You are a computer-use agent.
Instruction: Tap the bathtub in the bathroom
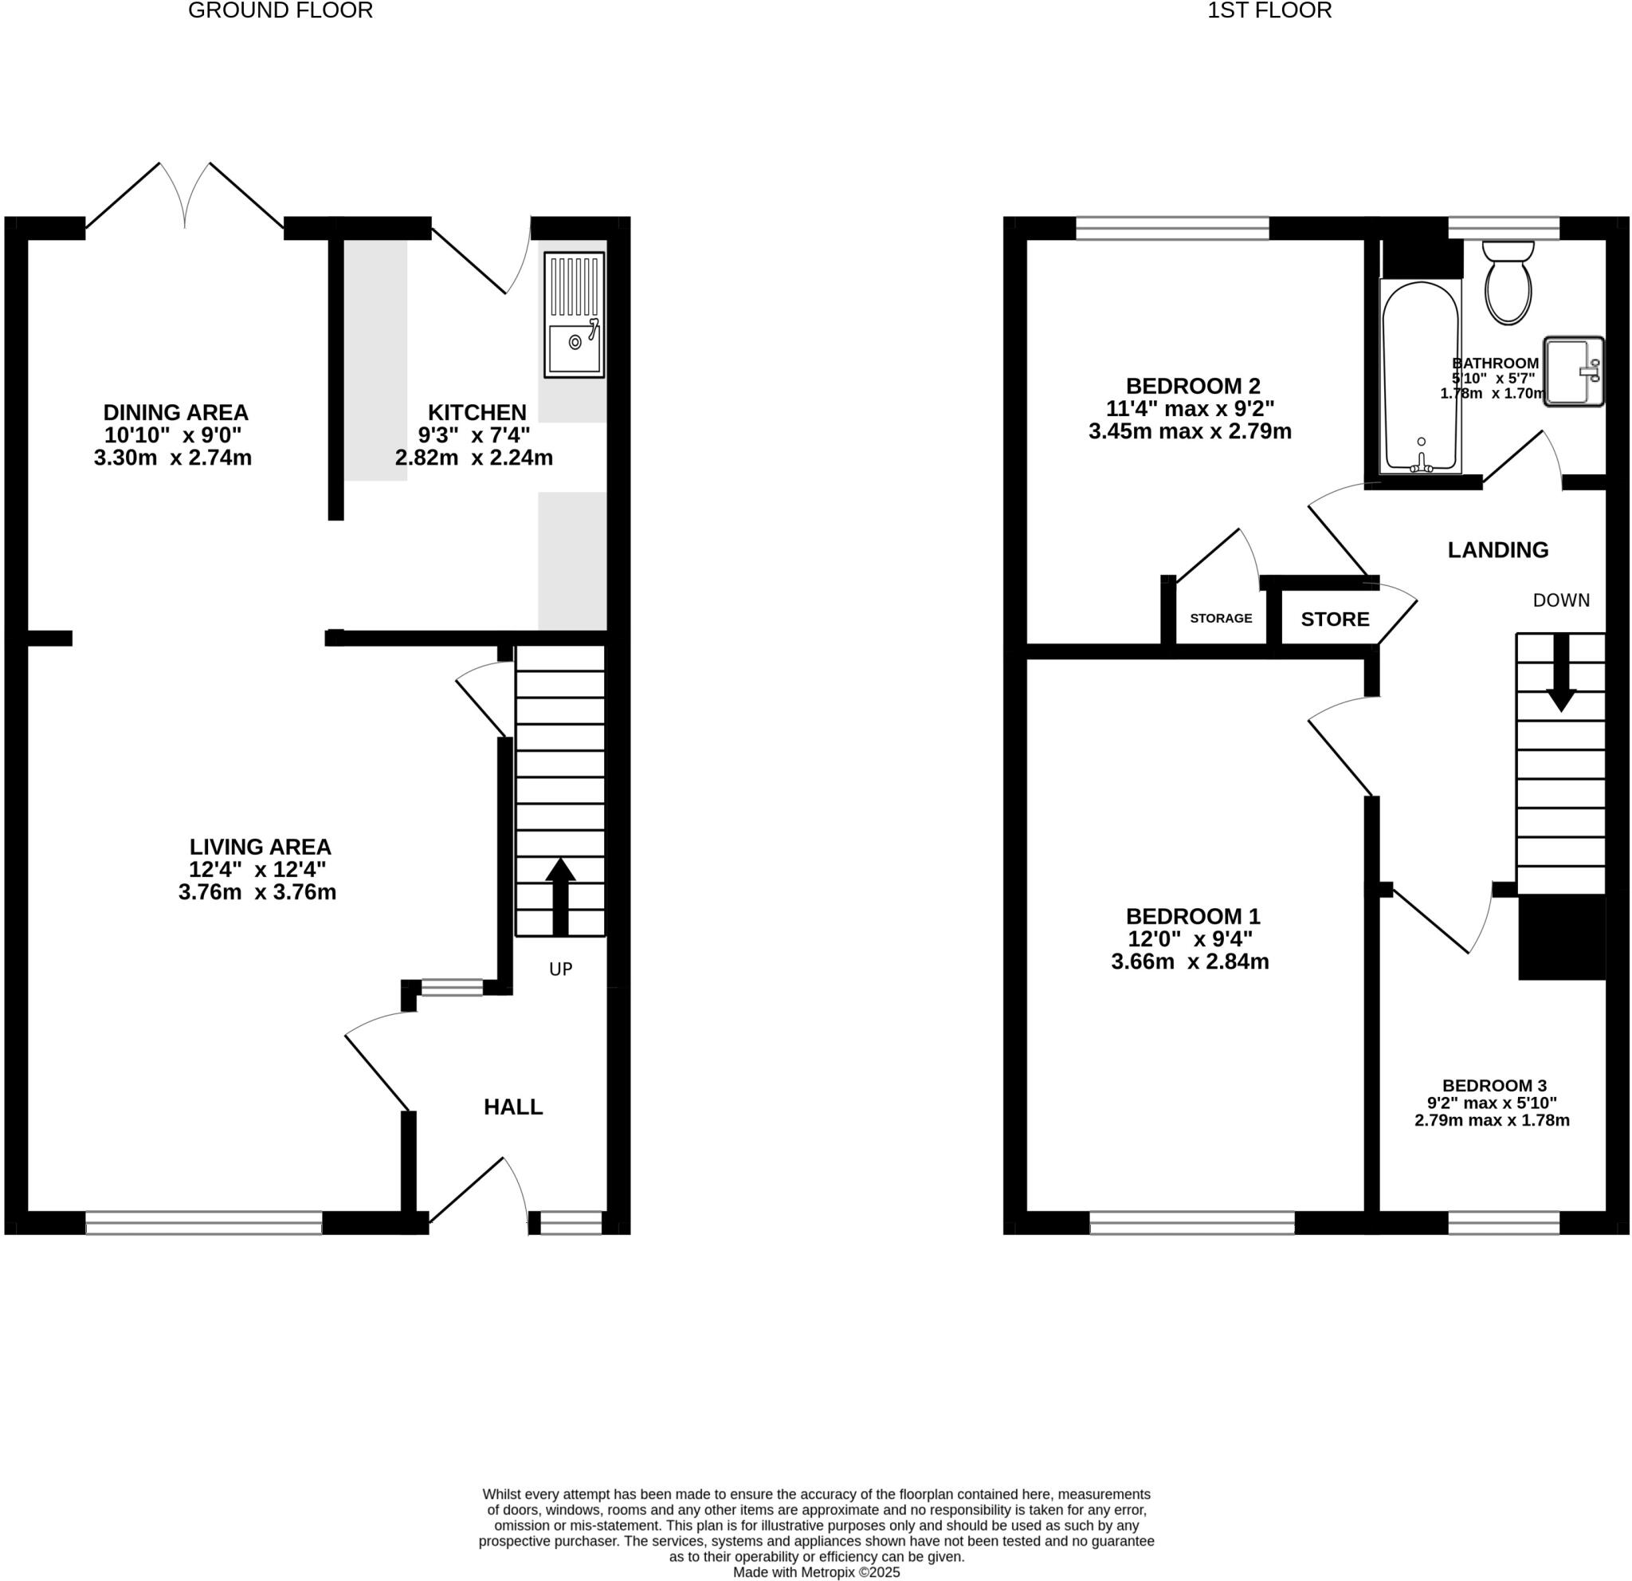[1420, 376]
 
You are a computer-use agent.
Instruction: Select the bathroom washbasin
[1573, 372]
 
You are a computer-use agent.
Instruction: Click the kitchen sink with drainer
[574, 315]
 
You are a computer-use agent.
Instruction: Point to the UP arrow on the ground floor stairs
[560, 895]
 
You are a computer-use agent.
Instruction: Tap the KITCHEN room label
[477, 412]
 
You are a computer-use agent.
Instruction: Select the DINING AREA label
[175, 412]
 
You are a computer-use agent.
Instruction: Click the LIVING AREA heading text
[260, 847]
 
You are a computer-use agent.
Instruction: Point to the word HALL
[513, 1107]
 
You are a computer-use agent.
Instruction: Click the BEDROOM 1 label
[1192, 916]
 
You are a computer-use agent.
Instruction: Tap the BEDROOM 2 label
[1192, 386]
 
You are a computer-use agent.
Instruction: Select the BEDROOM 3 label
[1494, 1085]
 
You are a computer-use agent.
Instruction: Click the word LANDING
[1497, 550]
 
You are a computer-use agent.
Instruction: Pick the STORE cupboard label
[1335, 619]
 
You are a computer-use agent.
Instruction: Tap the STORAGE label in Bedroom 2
[1221, 618]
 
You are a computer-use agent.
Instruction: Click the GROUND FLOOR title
[280, 11]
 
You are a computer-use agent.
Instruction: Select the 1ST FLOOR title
[1269, 11]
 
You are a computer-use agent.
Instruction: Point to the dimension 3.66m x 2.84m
[1189, 962]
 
